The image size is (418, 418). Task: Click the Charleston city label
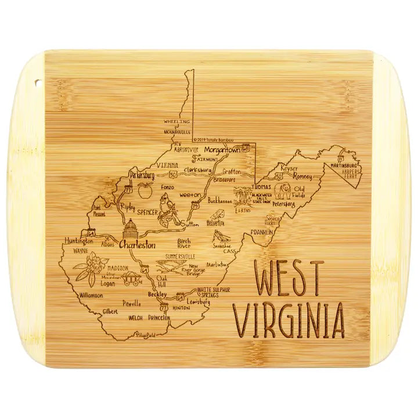coord(136,245)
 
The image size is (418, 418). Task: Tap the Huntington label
coord(78,241)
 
